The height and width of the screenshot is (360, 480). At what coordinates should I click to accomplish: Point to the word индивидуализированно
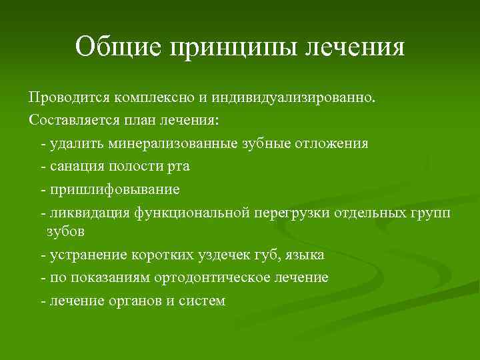pyautogui.click(x=295, y=99)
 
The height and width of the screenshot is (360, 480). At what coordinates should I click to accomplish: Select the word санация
pyautogui.click(x=75, y=167)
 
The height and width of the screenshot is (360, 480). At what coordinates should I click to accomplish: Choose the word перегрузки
pyautogui.click(x=287, y=212)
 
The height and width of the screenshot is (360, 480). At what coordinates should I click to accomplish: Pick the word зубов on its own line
pyautogui.click(x=65, y=231)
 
